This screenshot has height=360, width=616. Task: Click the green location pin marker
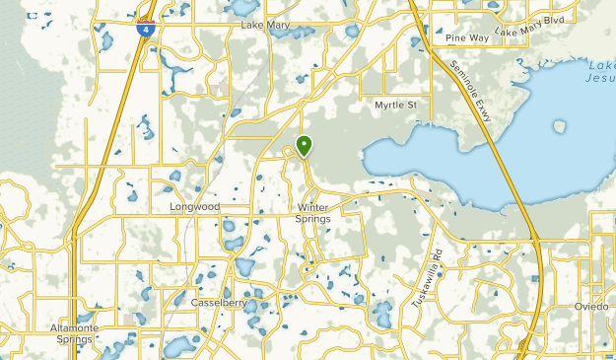pos(305,146)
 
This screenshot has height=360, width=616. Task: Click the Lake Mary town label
pos(263,26)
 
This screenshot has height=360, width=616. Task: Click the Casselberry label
pos(220,302)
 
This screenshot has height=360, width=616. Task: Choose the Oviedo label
pos(592,307)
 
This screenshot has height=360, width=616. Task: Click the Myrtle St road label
pos(396,104)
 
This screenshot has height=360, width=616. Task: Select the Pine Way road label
pos(466,38)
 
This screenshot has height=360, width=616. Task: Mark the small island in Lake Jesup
pos(560,126)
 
